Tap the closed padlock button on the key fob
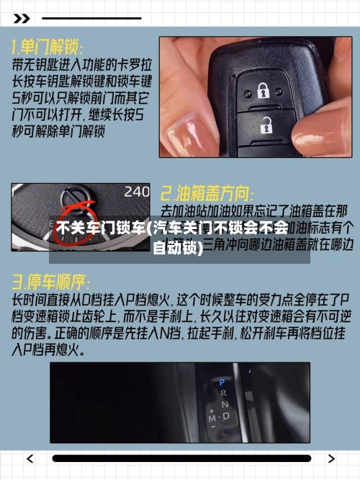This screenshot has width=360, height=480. pyautogui.click(x=261, y=91)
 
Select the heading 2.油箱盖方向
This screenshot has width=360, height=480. pyautogui.click(x=207, y=193)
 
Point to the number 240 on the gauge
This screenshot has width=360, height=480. pyautogui.click(x=137, y=192)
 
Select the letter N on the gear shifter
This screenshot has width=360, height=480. pyautogui.click(x=225, y=404)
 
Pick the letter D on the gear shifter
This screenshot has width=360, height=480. pyautogui.click(x=226, y=416)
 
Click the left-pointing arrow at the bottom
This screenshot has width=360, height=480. pyautogui.click(x=30, y=458)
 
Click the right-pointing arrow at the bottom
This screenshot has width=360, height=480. pyautogui.click(x=330, y=458)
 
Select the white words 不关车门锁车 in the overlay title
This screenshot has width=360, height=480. pyautogui.click(x=100, y=228)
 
